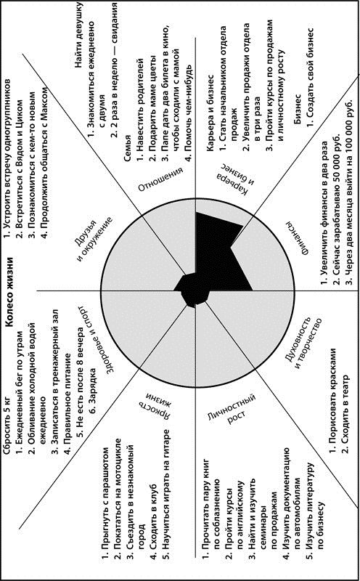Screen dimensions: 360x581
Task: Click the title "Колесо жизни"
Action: pyautogui.click(x=10, y=292)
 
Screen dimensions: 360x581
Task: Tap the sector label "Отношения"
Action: pyautogui.click(x=161, y=179)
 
